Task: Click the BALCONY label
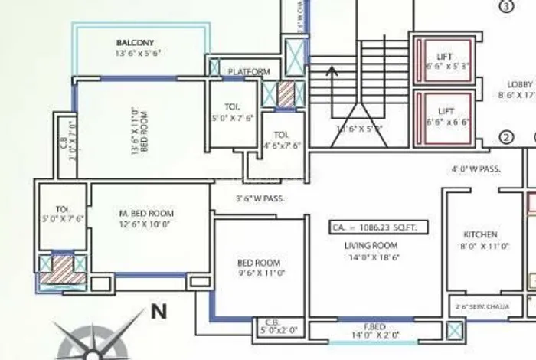(136, 42)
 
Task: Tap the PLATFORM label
(249, 72)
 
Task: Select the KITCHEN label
(481, 234)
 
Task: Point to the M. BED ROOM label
(147, 213)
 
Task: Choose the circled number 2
(505, 138)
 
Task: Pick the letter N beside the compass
(159, 311)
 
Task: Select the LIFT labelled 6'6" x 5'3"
(445, 57)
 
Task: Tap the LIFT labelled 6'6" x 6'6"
(445, 112)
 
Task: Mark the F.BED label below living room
(374, 326)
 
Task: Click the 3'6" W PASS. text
(261, 199)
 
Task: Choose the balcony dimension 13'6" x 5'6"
(137, 54)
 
